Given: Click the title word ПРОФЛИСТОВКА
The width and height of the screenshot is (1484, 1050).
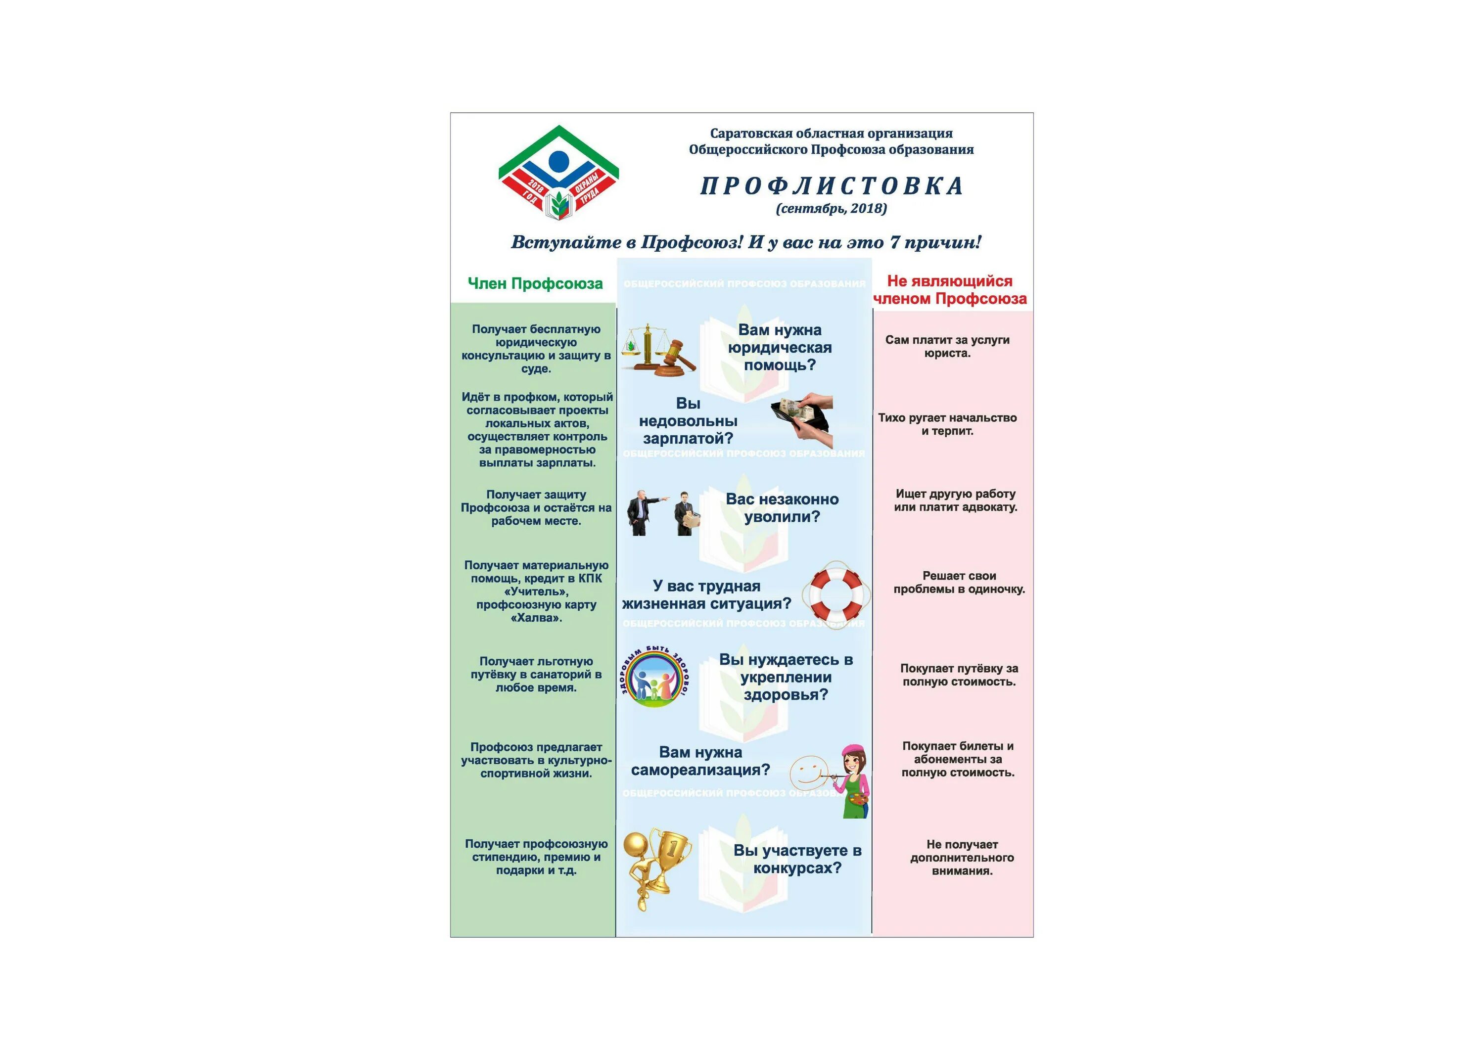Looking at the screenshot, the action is pyautogui.click(x=832, y=186).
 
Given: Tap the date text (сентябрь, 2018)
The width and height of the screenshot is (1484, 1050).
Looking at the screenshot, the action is pyautogui.click(x=831, y=208).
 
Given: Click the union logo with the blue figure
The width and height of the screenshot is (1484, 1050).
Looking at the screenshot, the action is pyautogui.click(x=558, y=173).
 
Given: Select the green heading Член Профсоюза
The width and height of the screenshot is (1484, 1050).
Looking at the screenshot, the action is pyautogui.click(x=535, y=284).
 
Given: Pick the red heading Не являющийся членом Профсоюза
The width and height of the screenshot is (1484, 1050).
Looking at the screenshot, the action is pyautogui.click(x=949, y=290).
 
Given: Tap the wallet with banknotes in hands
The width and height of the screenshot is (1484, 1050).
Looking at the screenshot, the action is pyautogui.click(x=802, y=417).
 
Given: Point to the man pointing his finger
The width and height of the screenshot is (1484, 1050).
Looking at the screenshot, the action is pyautogui.click(x=642, y=513).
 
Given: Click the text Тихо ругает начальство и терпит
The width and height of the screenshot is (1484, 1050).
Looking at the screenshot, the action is pyautogui.click(x=947, y=424).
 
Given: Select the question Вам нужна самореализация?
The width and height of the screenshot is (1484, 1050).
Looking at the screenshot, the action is pyautogui.click(x=700, y=761).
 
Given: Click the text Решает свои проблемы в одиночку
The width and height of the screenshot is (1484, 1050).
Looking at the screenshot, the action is pyautogui.click(x=959, y=583).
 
